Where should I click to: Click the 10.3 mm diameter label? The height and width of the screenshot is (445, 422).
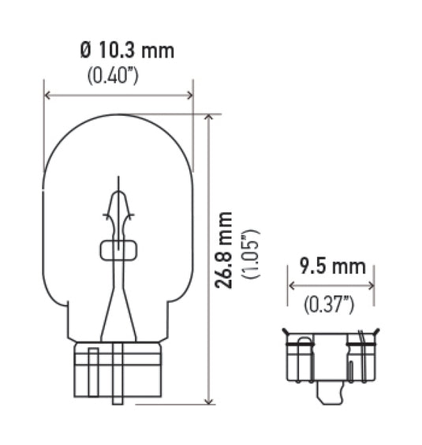tap(127, 51)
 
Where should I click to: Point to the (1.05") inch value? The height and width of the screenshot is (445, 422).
tap(251, 254)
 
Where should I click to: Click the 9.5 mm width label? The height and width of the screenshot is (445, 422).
tap(332, 267)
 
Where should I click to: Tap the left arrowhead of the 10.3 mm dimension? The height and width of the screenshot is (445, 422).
tap(47, 95)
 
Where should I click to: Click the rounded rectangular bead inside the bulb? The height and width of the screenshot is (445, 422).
tap(118, 251)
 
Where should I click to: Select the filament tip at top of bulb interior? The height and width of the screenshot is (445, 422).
tap(118, 183)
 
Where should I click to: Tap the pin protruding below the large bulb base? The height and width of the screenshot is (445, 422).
tap(118, 395)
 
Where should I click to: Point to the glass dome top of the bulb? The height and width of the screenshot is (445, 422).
tap(118, 126)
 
